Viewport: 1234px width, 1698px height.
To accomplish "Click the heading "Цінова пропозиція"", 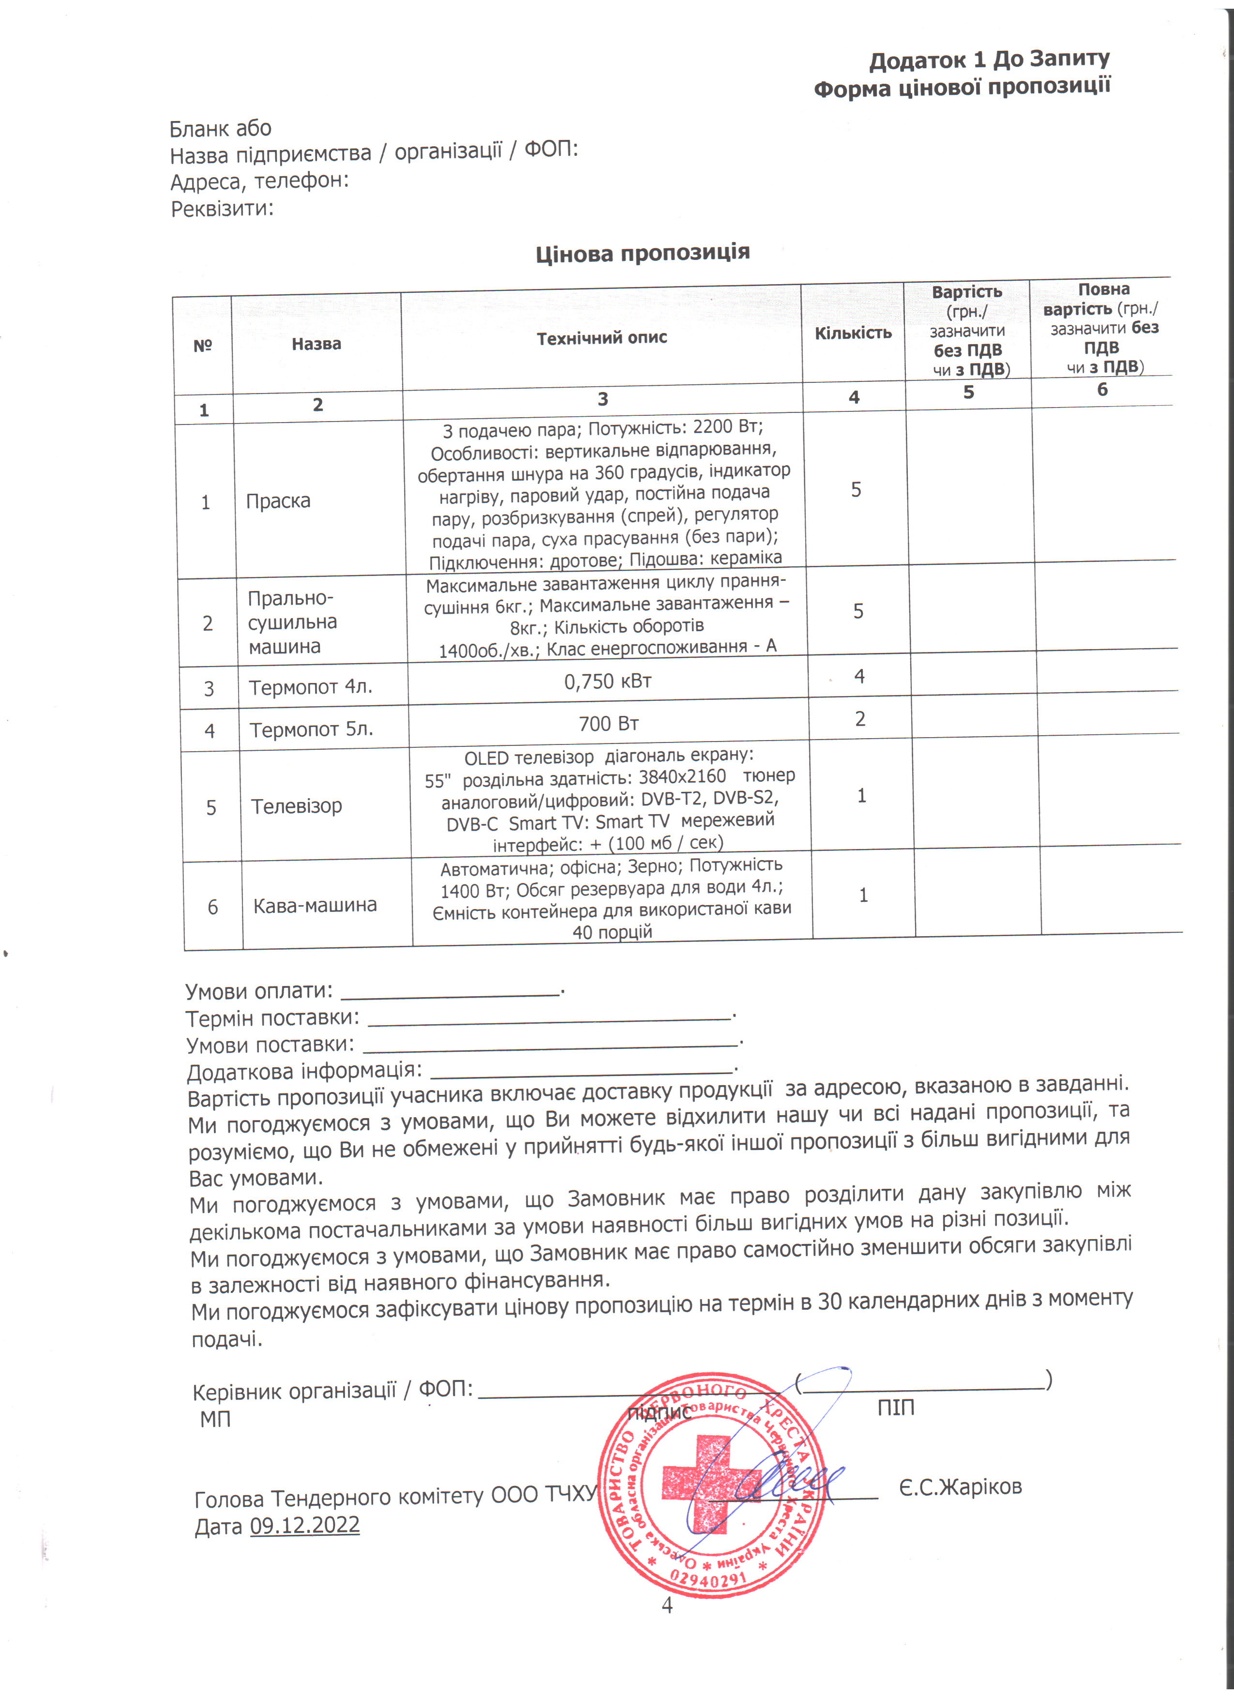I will coord(642,253).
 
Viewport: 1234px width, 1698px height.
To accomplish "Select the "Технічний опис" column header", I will coord(602,338).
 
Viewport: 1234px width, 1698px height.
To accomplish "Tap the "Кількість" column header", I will coord(853,333).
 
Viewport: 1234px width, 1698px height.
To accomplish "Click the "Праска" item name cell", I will coord(278,501).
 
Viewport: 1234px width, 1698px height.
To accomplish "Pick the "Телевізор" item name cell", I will coord(296,806).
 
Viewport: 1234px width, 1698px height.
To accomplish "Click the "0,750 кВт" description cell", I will coord(608,682).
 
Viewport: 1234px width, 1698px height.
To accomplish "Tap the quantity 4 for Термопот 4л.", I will coord(859,677).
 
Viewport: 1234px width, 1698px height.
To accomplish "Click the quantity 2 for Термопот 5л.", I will coord(860,719).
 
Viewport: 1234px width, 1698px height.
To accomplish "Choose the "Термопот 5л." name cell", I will coord(311,730).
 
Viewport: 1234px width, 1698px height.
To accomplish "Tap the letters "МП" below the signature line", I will coord(215,1419).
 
